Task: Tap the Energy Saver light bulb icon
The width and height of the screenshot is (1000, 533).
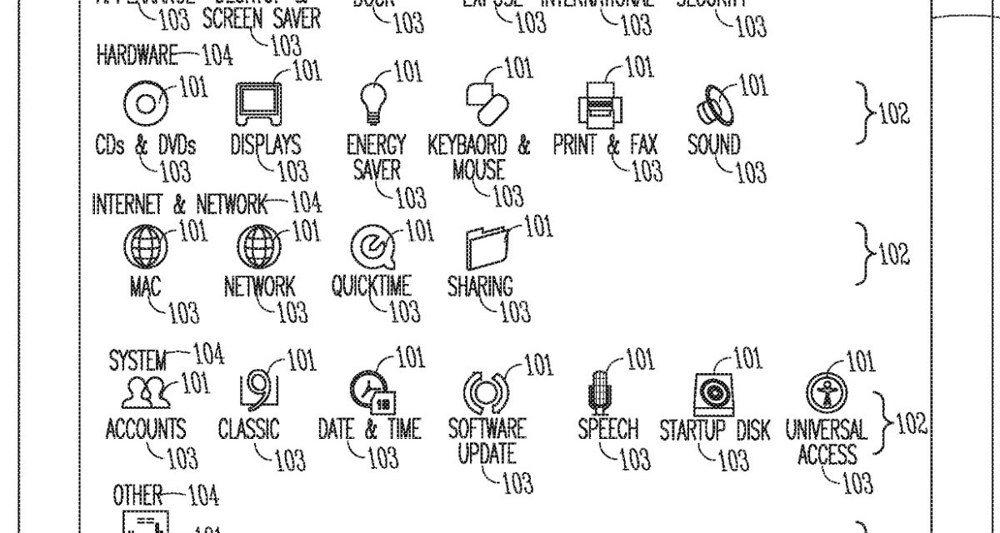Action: pyautogui.click(x=372, y=101)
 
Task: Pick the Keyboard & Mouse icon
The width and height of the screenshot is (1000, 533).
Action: pyautogui.click(x=487, y=102)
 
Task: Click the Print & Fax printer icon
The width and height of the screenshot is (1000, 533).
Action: pyautogui.click(x=599, y=103)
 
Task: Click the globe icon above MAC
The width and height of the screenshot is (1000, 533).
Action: pyautogui.click(x=145, y=247)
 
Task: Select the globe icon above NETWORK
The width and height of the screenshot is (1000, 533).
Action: pyautogui.click(x=259, y=247)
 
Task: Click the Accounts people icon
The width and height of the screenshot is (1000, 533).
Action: pyautogui.click(x=146, y=392)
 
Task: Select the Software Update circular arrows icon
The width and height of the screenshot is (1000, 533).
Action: pyautogui.click(x=485, y=391)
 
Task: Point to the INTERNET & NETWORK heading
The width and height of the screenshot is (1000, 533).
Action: pyautogui.click(x=179, y=203)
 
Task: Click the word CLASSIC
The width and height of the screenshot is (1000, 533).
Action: pyautogui.click(x=248, y=429)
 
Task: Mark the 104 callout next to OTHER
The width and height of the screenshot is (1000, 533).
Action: pyautogui.click(x=203, y=497)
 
